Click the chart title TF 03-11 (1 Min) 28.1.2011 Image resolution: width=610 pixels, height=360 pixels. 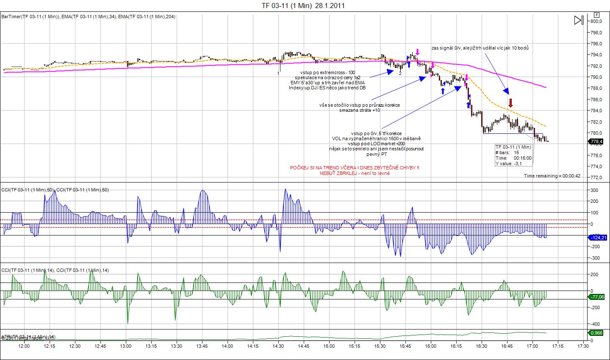[303, 6]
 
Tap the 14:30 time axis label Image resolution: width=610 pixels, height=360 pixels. [278, 346]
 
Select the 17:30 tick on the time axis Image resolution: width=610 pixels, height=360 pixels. [583, 346]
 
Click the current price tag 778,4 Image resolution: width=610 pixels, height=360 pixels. [596, 141]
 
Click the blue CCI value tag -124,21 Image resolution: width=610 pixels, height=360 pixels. [598, 238]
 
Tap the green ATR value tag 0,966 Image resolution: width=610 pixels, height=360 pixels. [596, 333]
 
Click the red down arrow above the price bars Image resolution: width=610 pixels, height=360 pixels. [511, 102]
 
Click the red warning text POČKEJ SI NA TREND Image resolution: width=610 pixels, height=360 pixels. [355, 168]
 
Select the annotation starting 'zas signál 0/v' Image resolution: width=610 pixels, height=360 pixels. [480, 48]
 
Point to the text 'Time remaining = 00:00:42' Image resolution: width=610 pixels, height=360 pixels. [552, 176]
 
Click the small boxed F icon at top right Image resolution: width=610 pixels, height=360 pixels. [596, 14]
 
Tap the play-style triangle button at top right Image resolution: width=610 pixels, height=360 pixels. [579, 20]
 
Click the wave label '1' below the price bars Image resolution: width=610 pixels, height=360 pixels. [278, 73]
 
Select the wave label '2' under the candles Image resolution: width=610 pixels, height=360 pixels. [400, 73]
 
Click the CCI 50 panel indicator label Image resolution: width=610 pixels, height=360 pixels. [55, 190]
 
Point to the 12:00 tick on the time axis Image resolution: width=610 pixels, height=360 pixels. [24, 346]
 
